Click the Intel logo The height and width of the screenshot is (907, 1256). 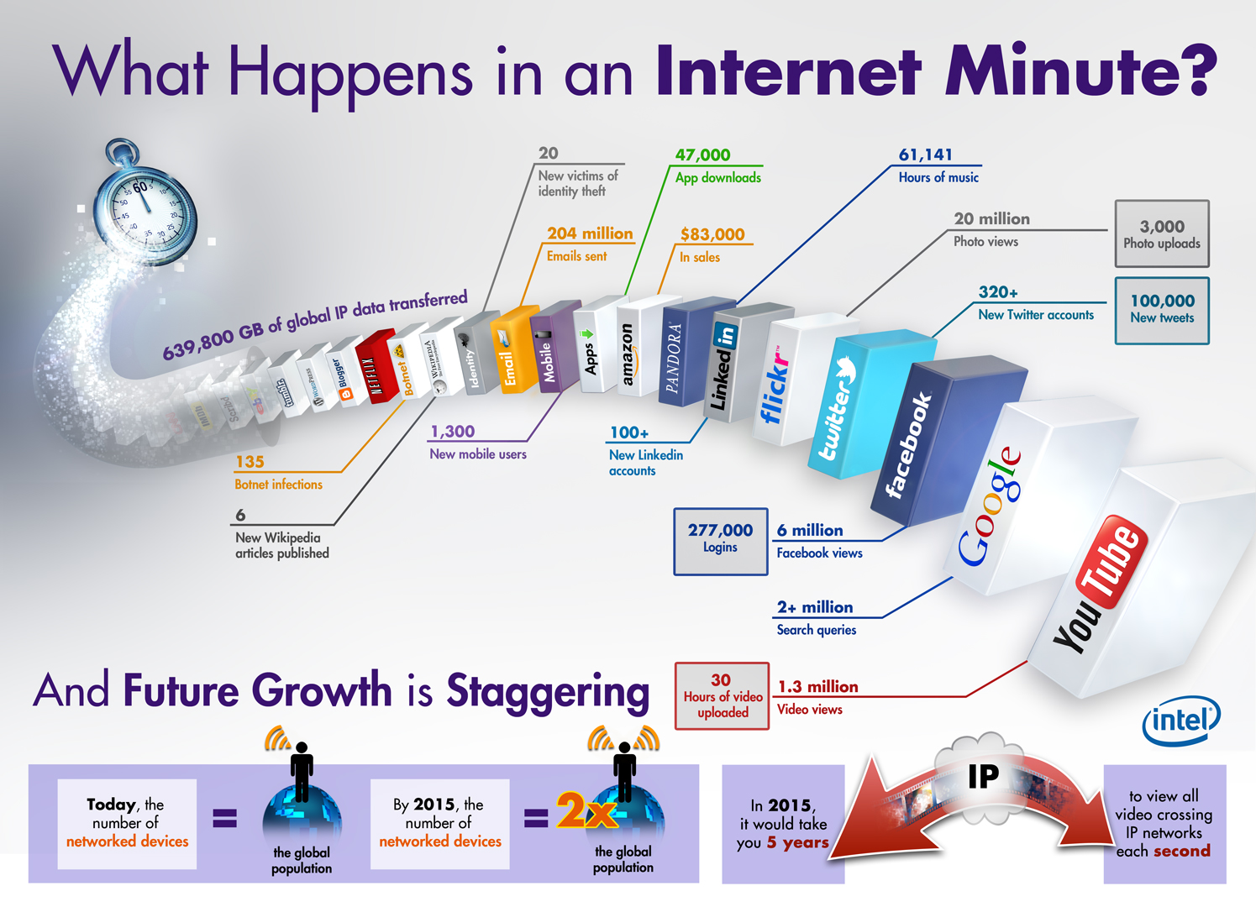point(1181,721)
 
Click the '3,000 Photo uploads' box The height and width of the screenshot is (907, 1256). point(1162,234)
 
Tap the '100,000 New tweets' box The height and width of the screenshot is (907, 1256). point(1162,310)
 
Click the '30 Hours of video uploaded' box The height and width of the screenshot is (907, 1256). point(722,696)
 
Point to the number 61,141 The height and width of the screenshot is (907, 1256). point(926,155)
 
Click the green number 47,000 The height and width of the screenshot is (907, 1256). point(703,155)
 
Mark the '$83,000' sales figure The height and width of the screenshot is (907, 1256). point(712,234)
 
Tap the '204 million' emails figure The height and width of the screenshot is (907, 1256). point(590,233)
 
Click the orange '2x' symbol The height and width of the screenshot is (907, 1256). point(586,812)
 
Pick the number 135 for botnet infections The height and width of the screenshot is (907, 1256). point(250,462)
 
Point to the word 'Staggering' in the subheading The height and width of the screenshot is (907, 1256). point(548,692)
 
